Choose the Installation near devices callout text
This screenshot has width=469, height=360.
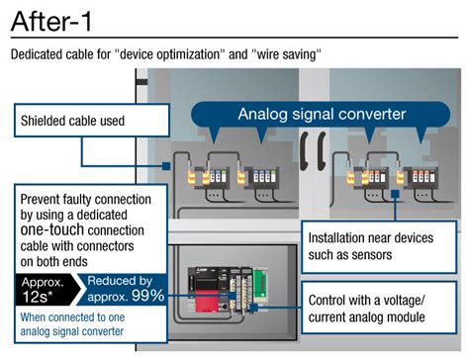365,246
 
